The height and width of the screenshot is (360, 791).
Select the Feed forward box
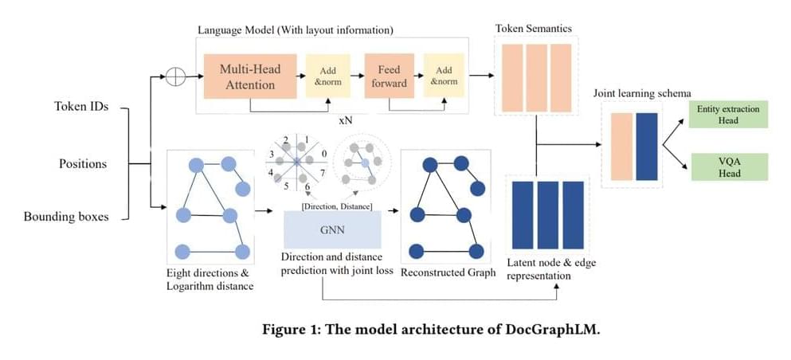pos(389,76)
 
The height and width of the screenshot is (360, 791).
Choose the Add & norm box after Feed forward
pos(444,76)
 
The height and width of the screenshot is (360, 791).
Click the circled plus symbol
pos(174,76)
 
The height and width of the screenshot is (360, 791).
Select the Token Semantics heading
pos(533,29)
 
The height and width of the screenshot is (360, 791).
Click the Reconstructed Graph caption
pos(448,272)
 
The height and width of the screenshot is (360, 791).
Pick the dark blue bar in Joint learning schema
pos(646,146)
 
